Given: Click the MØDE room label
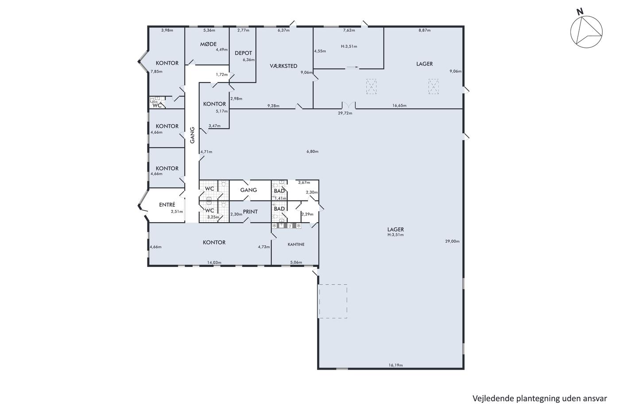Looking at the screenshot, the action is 208,44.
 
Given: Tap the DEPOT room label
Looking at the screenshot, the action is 243,53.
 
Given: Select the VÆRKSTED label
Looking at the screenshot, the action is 283,66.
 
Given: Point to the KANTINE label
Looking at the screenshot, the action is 296,244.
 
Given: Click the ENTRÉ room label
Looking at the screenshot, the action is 167,205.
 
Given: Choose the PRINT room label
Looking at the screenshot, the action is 250,212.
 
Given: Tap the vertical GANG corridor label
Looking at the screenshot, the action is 192,135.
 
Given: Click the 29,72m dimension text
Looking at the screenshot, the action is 345,113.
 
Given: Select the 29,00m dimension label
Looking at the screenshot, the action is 452,241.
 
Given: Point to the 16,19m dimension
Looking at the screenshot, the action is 395,365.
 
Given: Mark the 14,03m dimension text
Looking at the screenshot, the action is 214,262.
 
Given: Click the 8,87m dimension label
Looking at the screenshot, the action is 424,30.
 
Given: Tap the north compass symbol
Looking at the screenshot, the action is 586,32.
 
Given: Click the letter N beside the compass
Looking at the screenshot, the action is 580,12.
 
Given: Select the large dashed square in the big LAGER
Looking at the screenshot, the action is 333,301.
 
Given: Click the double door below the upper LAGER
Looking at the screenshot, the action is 349,105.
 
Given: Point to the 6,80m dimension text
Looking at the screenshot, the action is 312,151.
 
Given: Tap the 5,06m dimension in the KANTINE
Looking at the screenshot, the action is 296,262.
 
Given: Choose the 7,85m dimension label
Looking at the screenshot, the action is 156,71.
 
